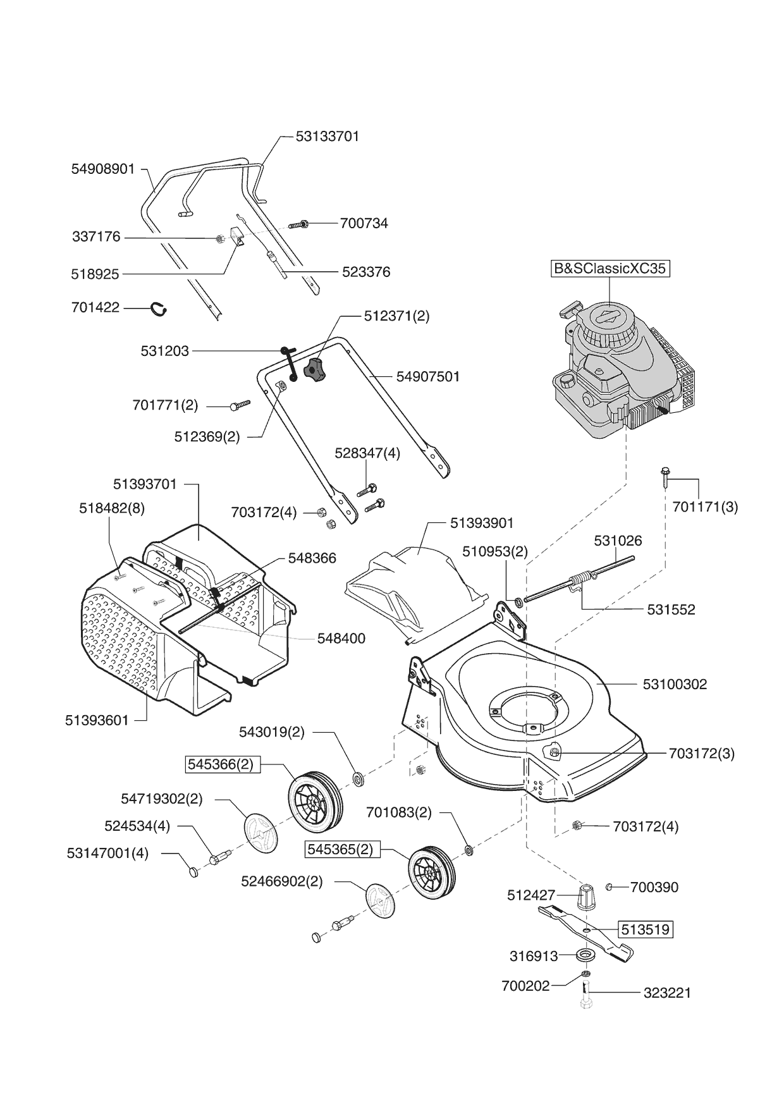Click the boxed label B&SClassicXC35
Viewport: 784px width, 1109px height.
[609, 269]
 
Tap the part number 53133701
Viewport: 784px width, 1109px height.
[327, 137]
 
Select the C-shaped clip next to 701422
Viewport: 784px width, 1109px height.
[159, 309]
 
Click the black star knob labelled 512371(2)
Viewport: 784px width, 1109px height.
[315, 369]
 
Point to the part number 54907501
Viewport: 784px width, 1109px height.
[428, 377]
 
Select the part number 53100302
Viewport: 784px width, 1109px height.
[675, 684]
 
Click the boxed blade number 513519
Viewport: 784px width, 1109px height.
[644, 930]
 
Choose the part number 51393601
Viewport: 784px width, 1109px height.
[97, 720]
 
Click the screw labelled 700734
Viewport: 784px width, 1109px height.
[298, 224]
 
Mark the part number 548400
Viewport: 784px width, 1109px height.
[341, 639]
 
